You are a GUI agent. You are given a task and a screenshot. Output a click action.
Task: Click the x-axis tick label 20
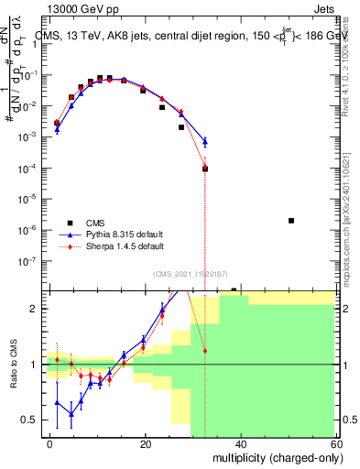click(x=145, y=443)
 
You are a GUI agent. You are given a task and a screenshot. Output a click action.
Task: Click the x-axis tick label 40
click(x=240, y=443)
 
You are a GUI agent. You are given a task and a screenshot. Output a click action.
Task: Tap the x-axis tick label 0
click(x=50, y=443)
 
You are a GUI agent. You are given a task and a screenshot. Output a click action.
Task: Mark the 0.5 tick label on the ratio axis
click(x=31, y=420)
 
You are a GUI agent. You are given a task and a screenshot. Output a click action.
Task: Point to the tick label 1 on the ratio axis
click(x=35, y=365)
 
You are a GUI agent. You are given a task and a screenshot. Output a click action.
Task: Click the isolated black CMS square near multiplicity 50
click(x=291, y=221)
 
